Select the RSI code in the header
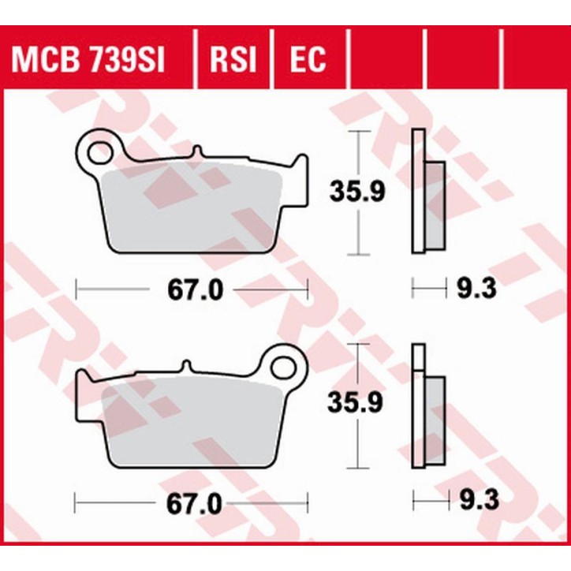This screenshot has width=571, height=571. tap(232, 61)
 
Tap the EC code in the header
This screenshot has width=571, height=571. tap(307, 61)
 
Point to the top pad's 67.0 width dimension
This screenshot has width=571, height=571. tap(193, 290)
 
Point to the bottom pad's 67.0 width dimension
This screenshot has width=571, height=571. tap(193, 502)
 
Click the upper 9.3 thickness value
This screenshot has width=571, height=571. tap(477, 290)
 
